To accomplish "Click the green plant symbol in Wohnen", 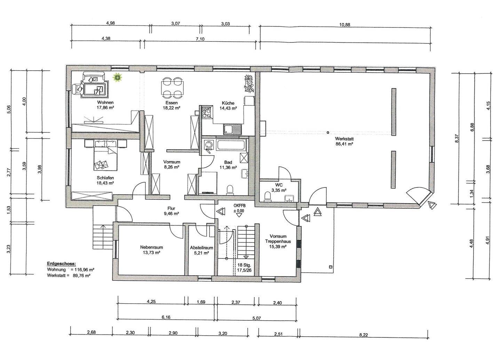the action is pos(118,78).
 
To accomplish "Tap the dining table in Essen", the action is pos(172,88).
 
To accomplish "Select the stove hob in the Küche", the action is pos(206,112).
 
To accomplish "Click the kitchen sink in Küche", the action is pos(232,129).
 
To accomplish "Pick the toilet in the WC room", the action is pos(267,196).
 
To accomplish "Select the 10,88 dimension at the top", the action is pos(345,25).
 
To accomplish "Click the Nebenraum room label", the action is pos(151,247).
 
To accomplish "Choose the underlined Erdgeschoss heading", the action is pos(61,264).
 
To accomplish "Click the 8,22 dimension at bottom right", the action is pos(364,335).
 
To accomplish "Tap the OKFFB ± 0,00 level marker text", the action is pos(239,208).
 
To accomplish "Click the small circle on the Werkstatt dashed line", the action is pos(328,133).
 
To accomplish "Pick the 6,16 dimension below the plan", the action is pos(166,318).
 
